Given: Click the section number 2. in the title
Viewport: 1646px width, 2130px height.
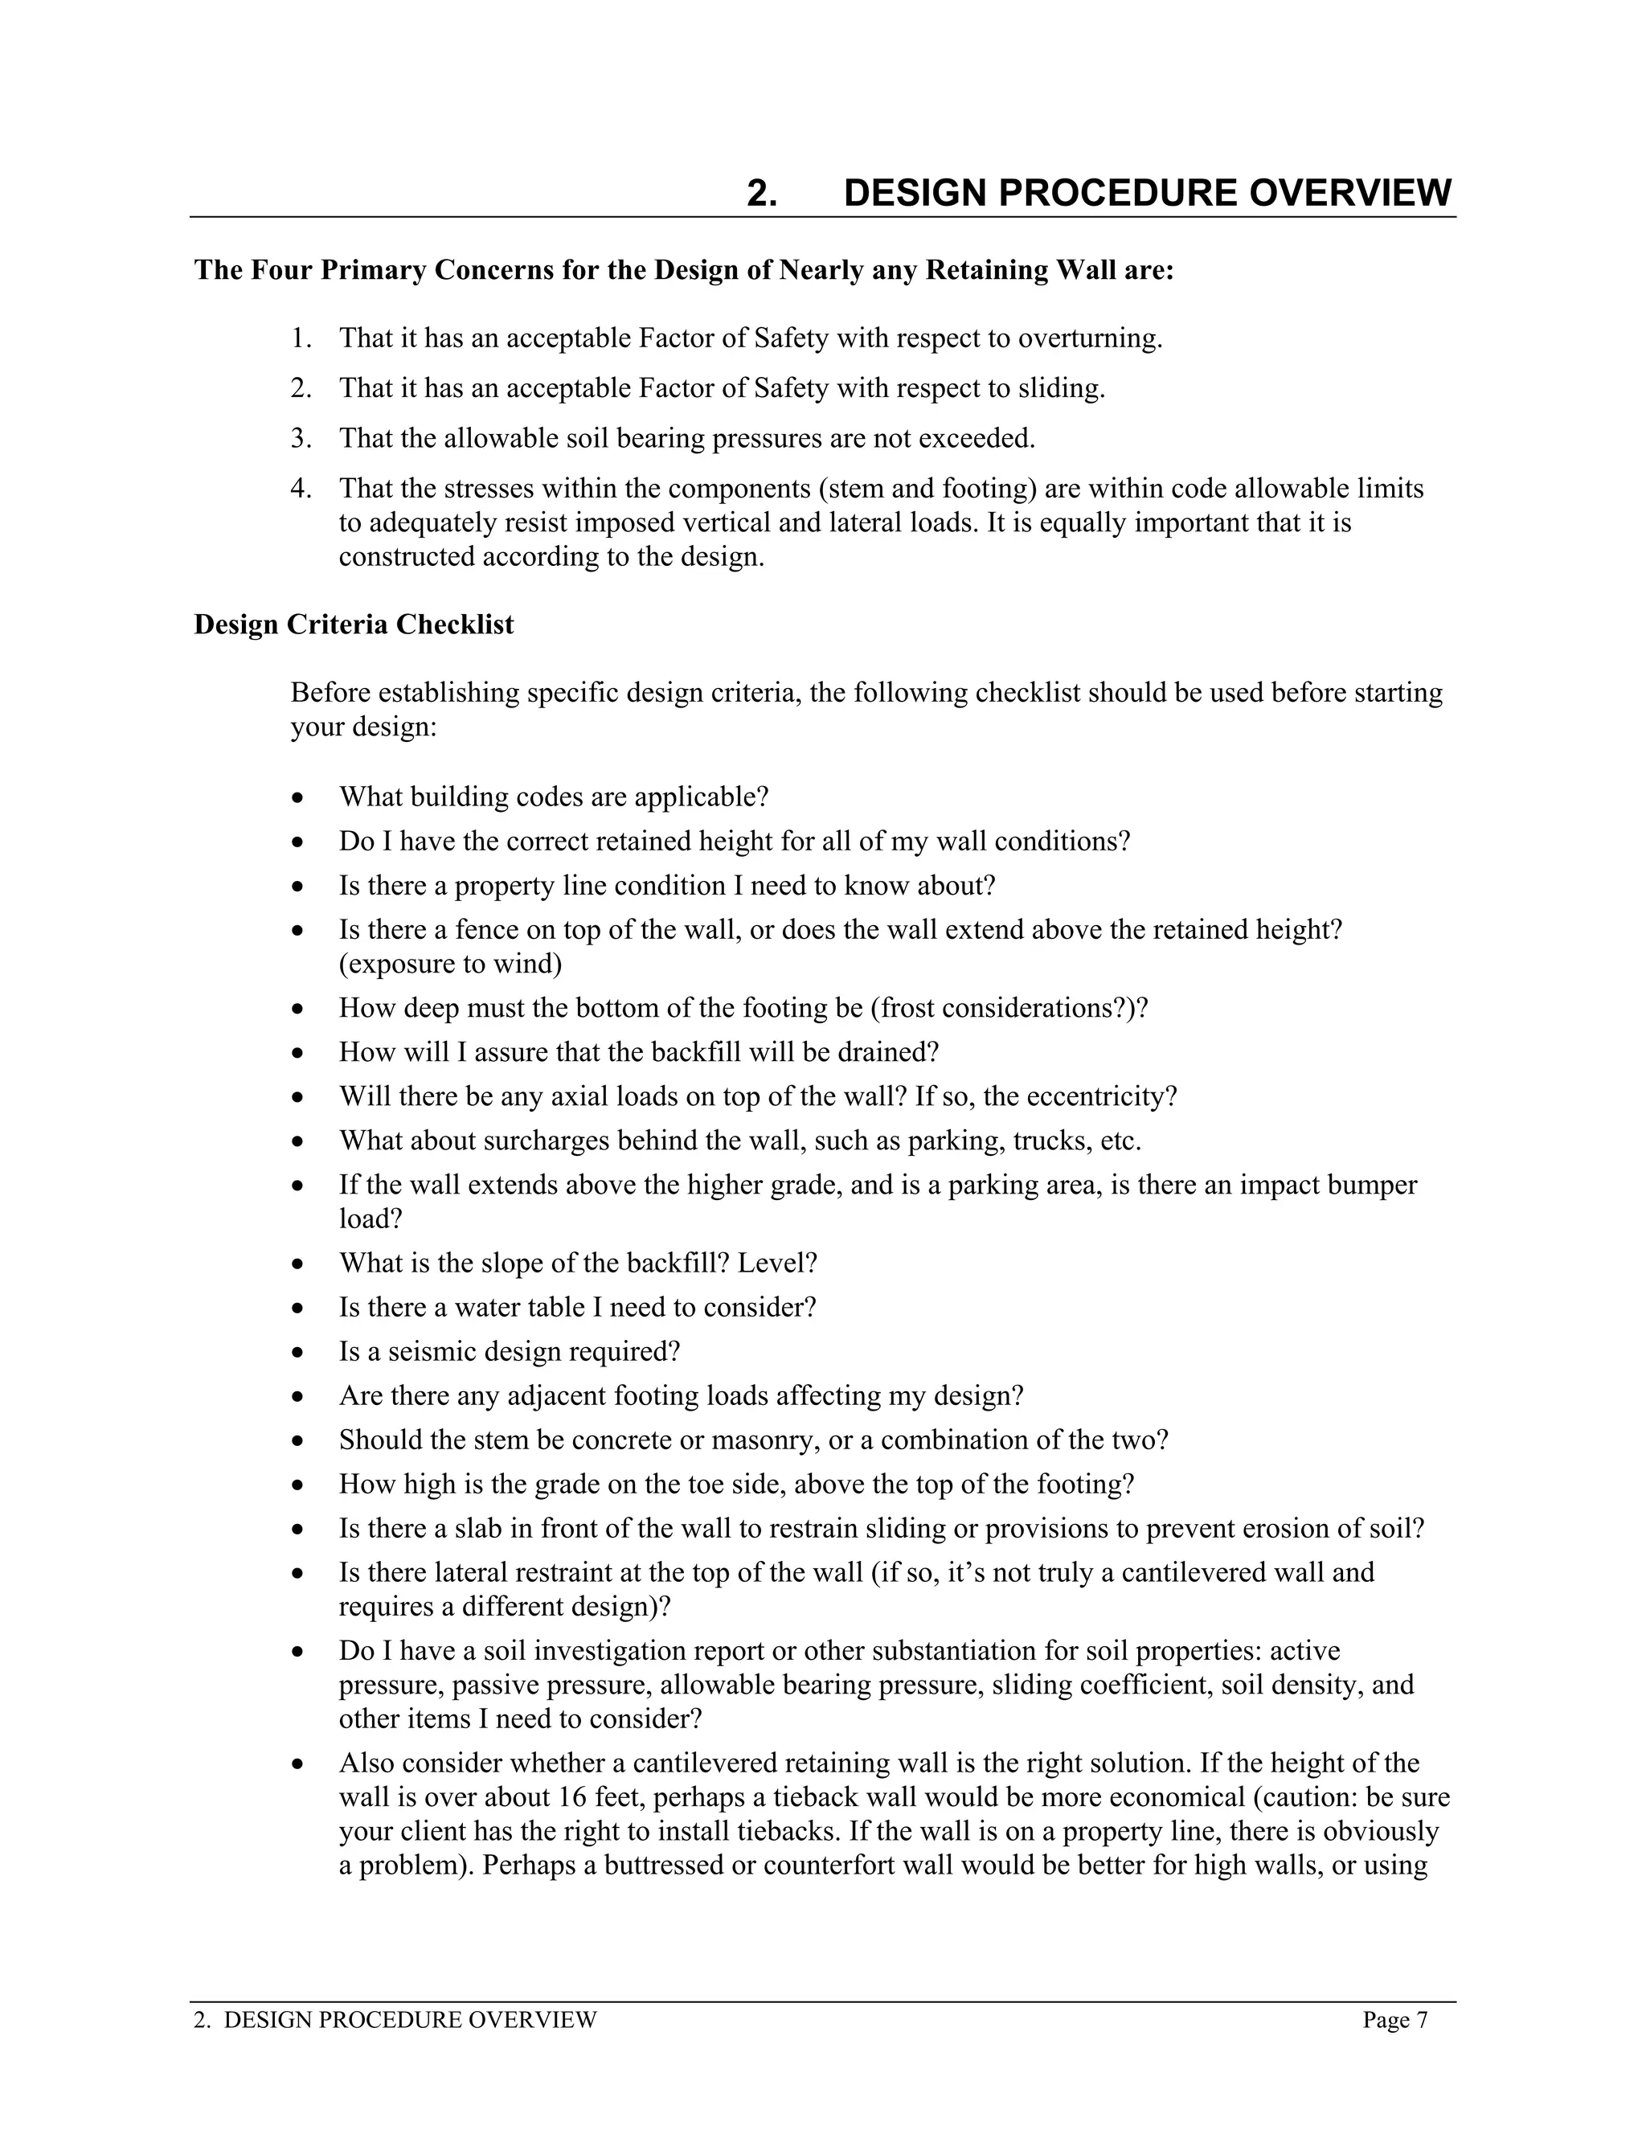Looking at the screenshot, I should tap(762, 193).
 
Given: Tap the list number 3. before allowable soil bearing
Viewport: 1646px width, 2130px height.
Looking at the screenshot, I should tap(301, 439).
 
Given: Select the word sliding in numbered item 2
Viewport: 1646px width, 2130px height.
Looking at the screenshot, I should tap(1060, 388).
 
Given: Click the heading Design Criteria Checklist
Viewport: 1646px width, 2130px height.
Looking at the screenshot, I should tap(353, 625).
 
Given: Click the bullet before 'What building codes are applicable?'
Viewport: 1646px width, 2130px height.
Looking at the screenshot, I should tap(298, 799).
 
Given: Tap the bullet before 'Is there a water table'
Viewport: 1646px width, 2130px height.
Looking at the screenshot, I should tap(298, 1309).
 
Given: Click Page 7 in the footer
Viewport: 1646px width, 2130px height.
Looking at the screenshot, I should tap(1394, 2020).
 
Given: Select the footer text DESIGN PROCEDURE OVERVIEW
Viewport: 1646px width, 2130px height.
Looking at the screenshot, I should tap(410, 2020).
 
